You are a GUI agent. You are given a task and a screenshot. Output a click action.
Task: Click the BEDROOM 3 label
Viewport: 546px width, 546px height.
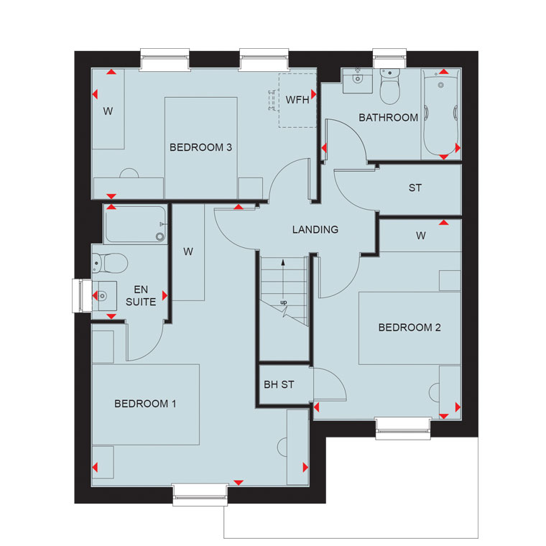(200, 147)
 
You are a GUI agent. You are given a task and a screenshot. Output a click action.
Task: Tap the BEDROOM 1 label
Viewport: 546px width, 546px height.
(145, 404)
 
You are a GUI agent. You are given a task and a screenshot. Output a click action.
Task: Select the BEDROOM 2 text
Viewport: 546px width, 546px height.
(409, 328)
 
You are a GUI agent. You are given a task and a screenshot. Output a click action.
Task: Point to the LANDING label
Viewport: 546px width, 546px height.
(315, 229)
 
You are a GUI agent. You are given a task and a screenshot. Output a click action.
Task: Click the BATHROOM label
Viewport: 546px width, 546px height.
(388, 118)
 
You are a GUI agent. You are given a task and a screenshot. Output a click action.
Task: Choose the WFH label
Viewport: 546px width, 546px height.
(297, 100)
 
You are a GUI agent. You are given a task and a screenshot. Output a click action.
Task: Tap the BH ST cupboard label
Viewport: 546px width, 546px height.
(279, 384)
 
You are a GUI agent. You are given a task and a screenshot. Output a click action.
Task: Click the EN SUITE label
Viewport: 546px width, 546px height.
(141, 296)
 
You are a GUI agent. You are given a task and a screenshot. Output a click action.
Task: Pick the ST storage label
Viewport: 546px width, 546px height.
(415, 188)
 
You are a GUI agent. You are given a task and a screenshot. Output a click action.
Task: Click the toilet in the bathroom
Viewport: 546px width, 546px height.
(389, 86)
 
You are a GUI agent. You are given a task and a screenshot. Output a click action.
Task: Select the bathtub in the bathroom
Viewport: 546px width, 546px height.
(441, 114)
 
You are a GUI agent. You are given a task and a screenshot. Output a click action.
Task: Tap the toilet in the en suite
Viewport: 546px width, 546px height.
(109, 263)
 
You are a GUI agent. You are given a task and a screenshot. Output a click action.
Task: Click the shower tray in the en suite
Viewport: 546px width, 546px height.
(136, 224)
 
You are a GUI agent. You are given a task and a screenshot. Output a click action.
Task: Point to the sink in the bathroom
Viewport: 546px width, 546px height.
(357, 80)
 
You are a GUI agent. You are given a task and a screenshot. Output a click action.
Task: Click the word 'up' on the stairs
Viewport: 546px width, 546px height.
(284, 302)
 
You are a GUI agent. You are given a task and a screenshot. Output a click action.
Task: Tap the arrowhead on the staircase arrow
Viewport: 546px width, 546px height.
(283, 262)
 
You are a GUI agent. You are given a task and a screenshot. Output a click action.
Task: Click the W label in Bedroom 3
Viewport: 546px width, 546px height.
(108, 111)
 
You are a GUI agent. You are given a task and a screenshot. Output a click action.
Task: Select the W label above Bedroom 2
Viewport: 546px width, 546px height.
(421, 236)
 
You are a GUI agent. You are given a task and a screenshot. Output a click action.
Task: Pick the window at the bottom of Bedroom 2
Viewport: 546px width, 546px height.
(403, 429)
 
